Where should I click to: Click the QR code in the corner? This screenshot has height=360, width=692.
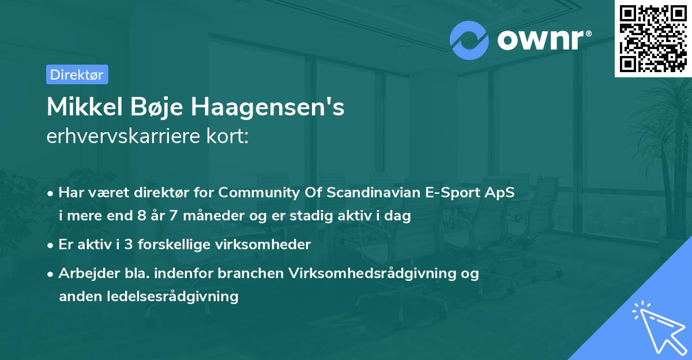(x=653, y=39)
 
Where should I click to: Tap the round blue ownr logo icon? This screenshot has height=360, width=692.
(x=470, y=40)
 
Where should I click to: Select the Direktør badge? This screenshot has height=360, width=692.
(x=77, y=74)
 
